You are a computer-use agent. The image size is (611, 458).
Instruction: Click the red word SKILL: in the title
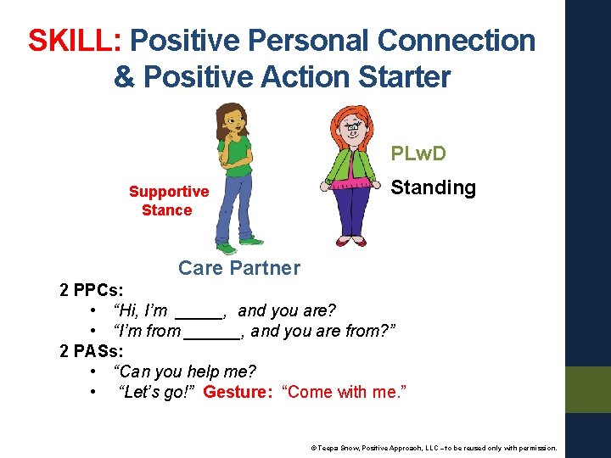(x=76, y=40)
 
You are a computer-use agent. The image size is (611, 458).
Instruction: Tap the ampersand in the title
(x=124, y=76)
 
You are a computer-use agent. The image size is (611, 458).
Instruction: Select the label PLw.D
(x=418, y=154)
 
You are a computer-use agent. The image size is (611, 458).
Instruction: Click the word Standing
(x=433, y=187)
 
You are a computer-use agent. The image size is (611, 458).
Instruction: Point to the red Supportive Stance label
(x=168, y=201)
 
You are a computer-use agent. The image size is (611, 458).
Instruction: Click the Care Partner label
(x=238, y=268)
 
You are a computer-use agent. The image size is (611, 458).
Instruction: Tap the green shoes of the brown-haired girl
(x=226, y=249)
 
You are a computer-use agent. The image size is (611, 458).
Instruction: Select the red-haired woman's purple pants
(x=350, y=212)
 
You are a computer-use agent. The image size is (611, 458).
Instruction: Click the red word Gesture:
(x=238, y=392)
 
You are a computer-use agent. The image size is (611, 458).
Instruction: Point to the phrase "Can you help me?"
(x=184, y=371)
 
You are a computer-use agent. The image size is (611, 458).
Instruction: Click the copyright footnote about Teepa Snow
(x=434, y=447)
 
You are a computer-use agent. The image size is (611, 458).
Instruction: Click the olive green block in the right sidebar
(x=587, y=389)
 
